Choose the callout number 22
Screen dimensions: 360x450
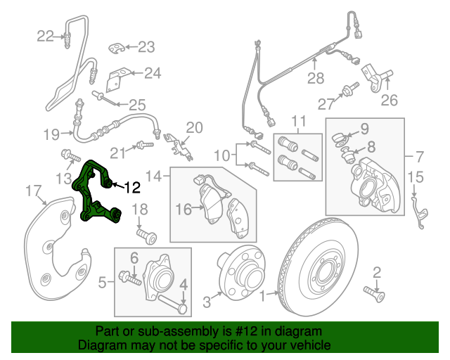coord(45,36)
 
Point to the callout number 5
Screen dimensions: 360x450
coord(102,283)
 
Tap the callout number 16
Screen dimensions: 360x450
coord(184,209)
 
